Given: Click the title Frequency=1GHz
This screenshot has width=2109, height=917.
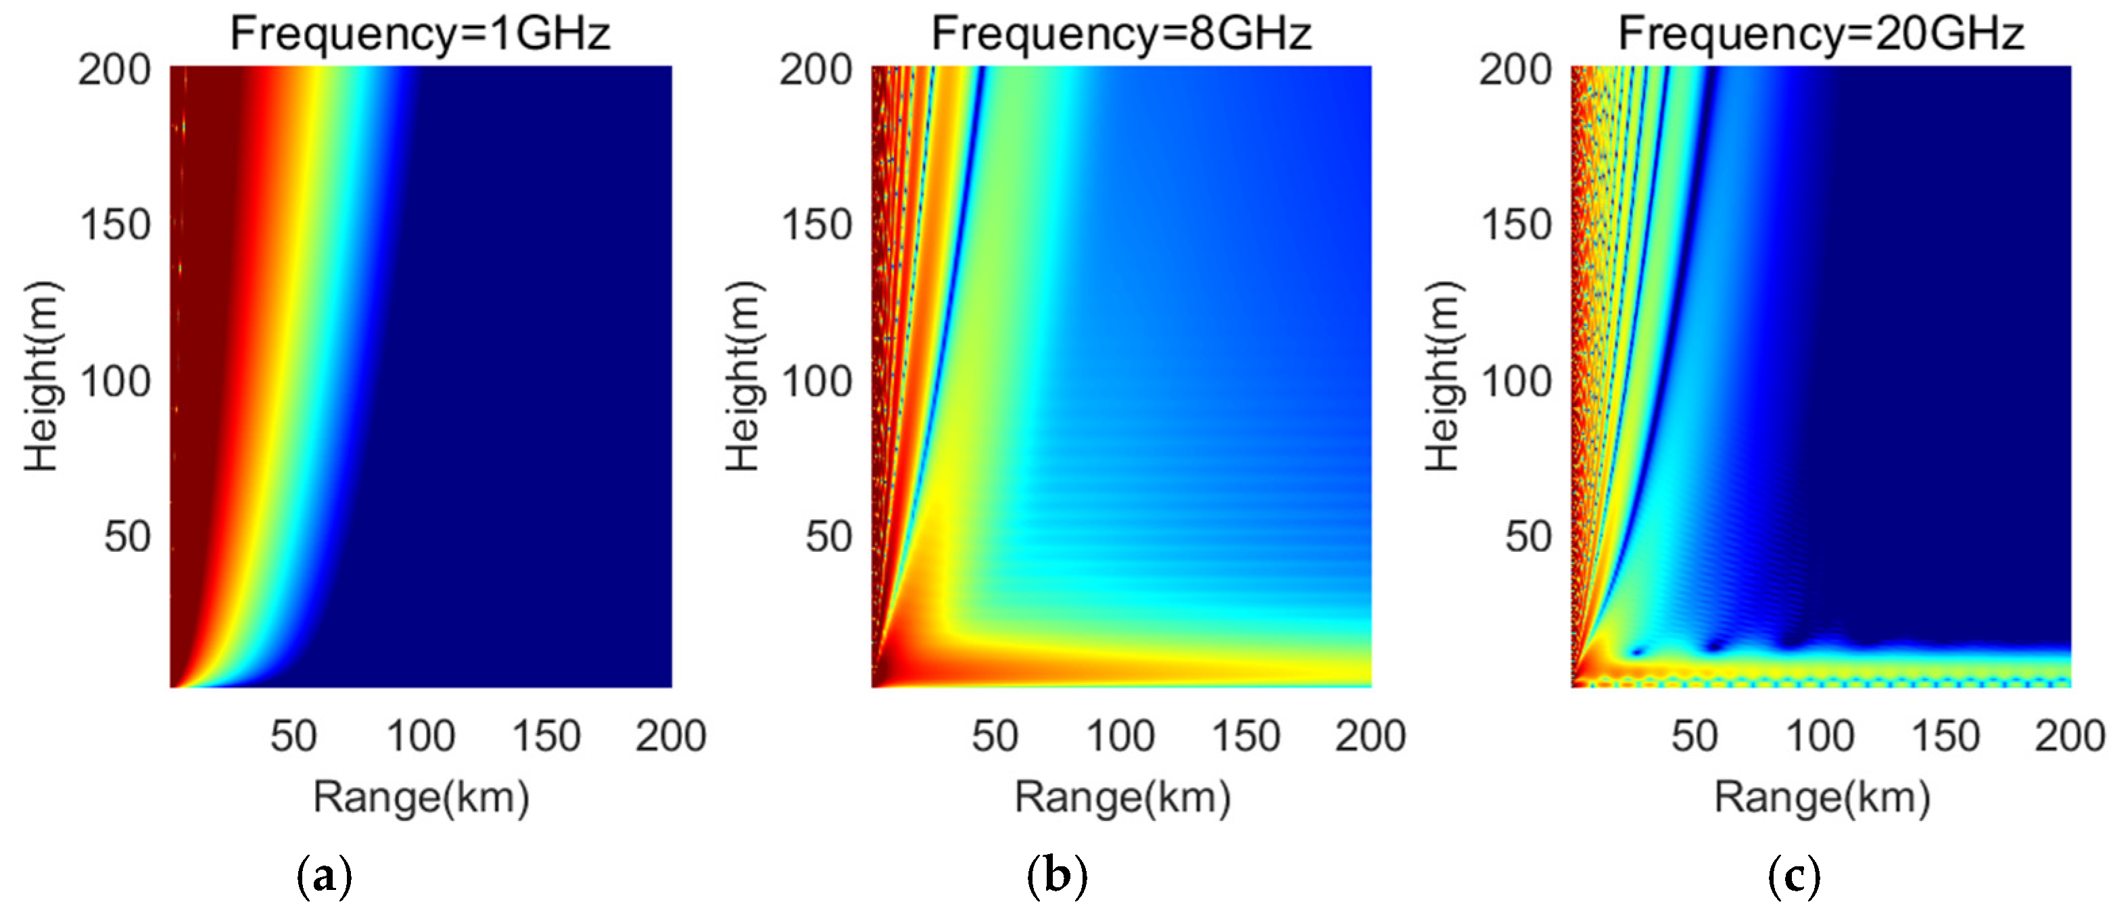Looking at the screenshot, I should (x=420, y=34).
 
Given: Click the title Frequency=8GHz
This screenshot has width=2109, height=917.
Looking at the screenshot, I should (x=1121, y=34).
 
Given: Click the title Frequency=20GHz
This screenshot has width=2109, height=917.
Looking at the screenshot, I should (x=1821, y=34).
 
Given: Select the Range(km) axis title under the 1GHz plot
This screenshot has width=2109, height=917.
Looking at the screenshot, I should (x=421, y=797).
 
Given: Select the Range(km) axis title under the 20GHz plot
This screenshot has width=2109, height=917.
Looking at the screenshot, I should (x=1822, y=797).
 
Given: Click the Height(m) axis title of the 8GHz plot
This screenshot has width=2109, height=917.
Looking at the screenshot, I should (x=743, y=377).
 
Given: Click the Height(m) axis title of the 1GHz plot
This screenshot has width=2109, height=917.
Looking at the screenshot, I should (x=41, y=377).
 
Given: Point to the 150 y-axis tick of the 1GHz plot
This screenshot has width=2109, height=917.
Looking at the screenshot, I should (x=116, y=225).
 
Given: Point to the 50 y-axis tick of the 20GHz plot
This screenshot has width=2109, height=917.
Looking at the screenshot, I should (x=1527, y=537).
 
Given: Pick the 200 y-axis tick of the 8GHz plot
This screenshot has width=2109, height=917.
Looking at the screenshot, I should (x=815, y=70).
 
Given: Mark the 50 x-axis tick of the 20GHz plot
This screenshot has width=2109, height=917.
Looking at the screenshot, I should (x=1694, y=735).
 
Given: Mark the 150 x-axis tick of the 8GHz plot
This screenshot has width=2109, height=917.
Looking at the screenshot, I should (x=1246, y=735).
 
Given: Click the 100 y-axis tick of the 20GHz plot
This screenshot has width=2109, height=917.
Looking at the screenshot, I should (x=1516, y=381).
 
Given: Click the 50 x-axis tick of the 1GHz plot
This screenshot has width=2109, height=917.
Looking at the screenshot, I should (x=293, y=735).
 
